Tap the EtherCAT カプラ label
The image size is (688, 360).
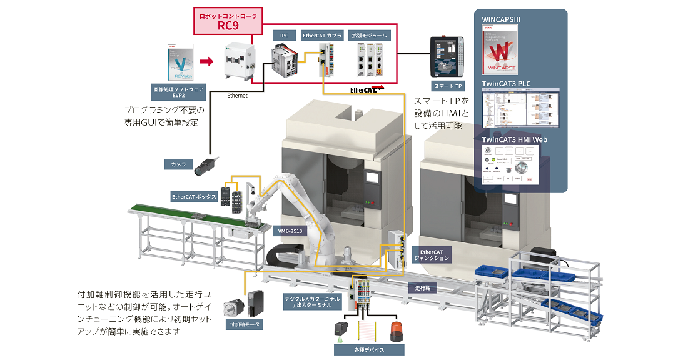pyautogui.click(x=322, y=36)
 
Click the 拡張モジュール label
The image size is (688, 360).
pyautogui.click(x=371, y=36)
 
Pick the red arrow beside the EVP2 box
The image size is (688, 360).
pyautogui.click(x=206, y=61)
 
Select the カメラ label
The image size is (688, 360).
pyautogui.click(x=180, y=164)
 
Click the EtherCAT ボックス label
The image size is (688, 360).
pyautogui.click(x=194, y=197)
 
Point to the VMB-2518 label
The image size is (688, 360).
pyautogui.click(x=290, y=231)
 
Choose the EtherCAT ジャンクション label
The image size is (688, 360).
pyautogui.click(x=431, y=254)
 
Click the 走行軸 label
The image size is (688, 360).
pyautogui.click(x=423, y=289)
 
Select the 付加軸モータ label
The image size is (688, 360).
pyautogui.click(x=244, y=324)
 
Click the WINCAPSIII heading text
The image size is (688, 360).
pyautogui.click(x=502, y=19)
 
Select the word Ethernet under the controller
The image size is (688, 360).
pyautogui.click(x=237, y=96)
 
